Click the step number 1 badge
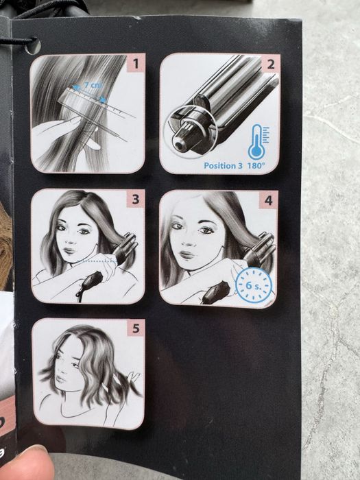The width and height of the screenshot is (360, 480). [x=136, y=64]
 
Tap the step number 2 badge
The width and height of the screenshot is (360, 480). [x=271, y=64]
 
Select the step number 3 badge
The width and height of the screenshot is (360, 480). [x=135, y=199]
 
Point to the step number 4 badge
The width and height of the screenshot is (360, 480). [x=269, y=200]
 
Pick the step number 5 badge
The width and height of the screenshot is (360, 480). [x=136, y=328]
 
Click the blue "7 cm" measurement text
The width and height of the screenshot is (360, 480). [x=91, y=86]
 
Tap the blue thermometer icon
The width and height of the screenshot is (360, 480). [x=258, y=141]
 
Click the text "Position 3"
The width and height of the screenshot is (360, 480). [x=224, y=166]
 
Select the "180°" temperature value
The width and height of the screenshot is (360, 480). [x=255, y=166]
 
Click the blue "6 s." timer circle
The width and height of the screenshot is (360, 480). [x=254, y=285]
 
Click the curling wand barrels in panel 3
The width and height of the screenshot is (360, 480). [x=125, y=248]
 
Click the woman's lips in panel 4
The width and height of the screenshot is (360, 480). [x=187, y=254]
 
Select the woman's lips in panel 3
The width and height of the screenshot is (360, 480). [x=70, y=251]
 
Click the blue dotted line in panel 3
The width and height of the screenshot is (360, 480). [x=96, y=261]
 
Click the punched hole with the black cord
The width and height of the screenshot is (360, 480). [x=33, y=46]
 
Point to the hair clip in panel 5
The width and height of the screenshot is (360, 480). [x=134, y=376]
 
